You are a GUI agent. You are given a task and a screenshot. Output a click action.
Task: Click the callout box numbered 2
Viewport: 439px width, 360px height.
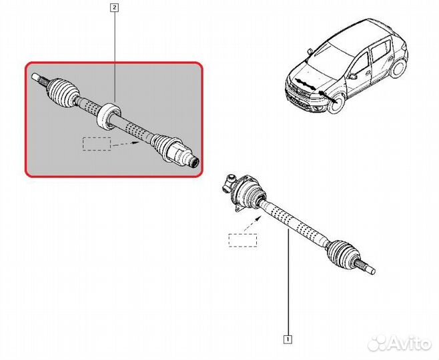point(115,8)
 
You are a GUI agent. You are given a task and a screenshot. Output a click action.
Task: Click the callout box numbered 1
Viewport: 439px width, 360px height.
point(288,339)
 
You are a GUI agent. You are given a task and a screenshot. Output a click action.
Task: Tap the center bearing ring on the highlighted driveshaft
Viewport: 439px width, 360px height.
point(109,116)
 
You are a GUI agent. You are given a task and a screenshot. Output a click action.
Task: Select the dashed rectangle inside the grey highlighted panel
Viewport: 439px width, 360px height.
point(97,144)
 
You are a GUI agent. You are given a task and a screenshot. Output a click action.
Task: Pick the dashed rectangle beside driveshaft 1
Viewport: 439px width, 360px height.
point(243,240)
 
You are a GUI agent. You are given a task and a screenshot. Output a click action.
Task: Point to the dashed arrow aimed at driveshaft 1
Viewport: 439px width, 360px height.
point(253,223)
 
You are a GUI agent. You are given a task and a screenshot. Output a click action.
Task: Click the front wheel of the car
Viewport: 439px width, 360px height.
point(336,103)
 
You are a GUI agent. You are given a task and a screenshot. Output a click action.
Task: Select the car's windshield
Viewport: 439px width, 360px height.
point(330,61)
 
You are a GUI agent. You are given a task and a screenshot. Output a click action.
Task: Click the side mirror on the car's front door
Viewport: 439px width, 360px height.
point(352,76)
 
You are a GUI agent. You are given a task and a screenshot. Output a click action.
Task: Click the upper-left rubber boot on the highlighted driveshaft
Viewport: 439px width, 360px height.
point(63,89)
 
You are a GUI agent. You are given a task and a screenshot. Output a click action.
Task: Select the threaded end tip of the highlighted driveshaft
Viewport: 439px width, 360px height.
point(194,162)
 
